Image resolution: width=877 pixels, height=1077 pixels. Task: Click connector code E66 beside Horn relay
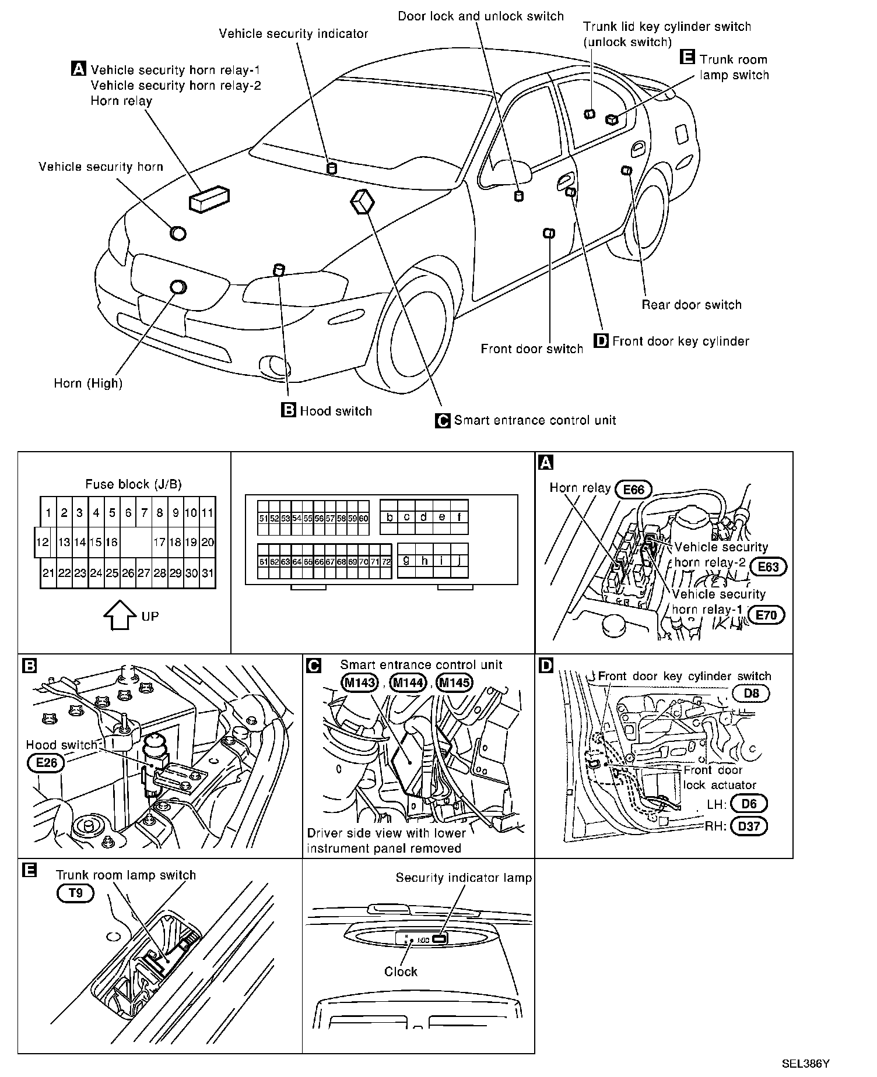coord(633,489)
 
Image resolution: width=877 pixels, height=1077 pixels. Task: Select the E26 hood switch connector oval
coord(46,763)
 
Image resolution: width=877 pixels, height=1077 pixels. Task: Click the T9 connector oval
coord(75,893)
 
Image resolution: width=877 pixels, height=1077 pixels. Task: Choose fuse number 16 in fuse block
coord(111,542)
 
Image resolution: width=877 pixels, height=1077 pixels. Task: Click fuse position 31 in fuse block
coord(208,573)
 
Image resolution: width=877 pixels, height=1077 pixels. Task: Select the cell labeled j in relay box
coord(459,561)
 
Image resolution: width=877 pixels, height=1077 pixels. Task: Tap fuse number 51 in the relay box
coord(264,518)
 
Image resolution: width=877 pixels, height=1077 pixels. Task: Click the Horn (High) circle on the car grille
coord(178,287)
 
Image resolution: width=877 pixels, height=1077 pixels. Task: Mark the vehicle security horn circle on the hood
coord(178,233)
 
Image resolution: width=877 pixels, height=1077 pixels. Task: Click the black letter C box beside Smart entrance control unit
coord(443,420)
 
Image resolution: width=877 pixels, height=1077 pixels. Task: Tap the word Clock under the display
coord(401,972)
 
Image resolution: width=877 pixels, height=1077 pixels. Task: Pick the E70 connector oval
coord(766,615)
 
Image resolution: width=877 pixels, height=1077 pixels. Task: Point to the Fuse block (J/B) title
coord(134,484)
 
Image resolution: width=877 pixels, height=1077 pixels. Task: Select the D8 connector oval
coord(752,694)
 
